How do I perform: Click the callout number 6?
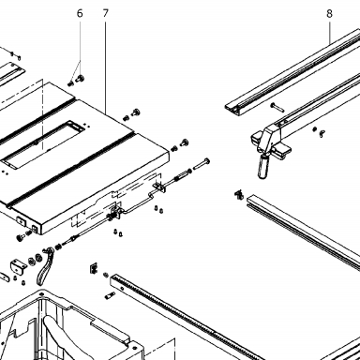pyautogui.click(x=80, y=14)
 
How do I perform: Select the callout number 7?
pyautogui.click(x=105, y=13)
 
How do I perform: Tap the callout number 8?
pyautogui.click(x=329, y=14)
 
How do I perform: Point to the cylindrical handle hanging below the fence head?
pyautogui.click(x=263, y=166)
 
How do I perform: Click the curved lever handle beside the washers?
pyautogui.click(x=45, y=266)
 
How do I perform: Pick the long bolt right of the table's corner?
pyautogui.click(x=202, y=164)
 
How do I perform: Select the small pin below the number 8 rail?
pyautogui.click(x=277, y=107)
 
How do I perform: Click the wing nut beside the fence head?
pyautogui.click(x=322, y=134)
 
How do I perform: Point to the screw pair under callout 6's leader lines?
pyautogui.click(x=76, y=81)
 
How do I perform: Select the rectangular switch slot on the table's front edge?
pyautogui.click(x=21, y=220)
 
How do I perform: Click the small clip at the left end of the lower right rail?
pyautogui.click(x=239, y=194)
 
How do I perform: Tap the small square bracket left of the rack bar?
pyautogui.click(x=94, y=269)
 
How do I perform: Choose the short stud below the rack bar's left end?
pyautogui.click(x=111, y=295)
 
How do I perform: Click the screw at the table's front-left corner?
pyautogui.click(x=22, y=238)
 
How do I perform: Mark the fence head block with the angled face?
pyautogui.click(x=269, y=137)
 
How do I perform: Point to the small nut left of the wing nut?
pyautogui.click(x=315, y=128)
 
